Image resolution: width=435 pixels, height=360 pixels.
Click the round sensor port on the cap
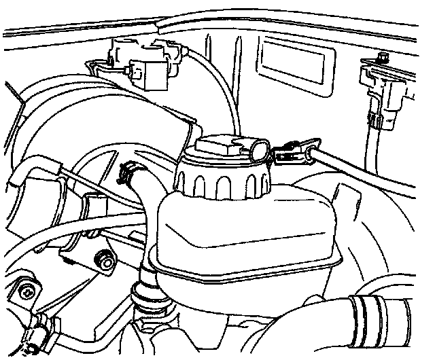(258, 147)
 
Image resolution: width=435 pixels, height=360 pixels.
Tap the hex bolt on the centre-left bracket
(106, 259)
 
